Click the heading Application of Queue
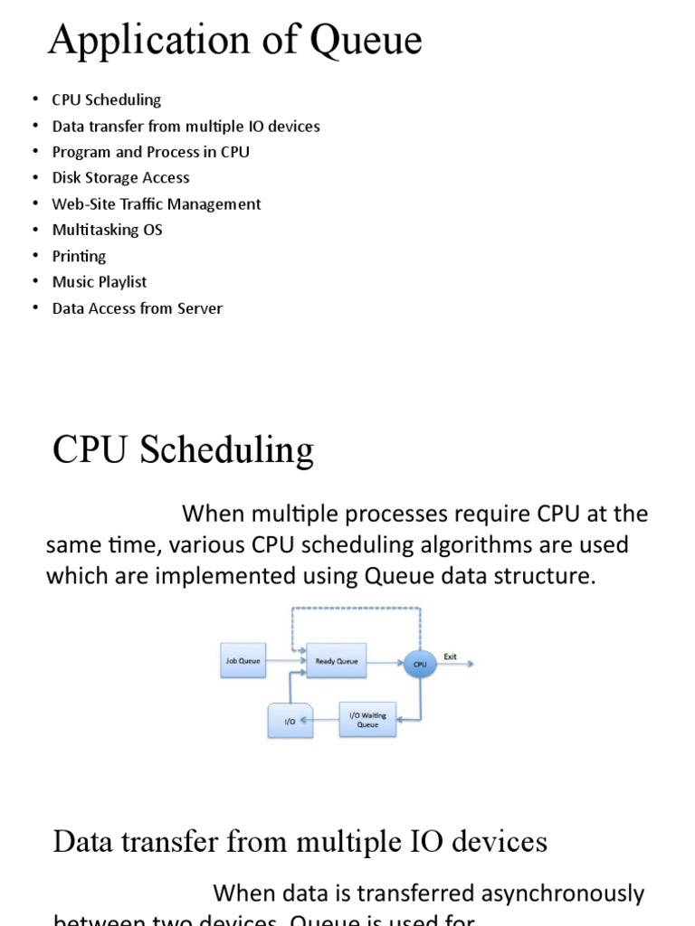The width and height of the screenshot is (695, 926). coord(234,41)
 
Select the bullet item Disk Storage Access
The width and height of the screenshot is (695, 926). coord(120,178)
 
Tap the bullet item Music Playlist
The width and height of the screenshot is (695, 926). coord(99,282)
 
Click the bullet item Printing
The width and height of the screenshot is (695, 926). coord(79,256)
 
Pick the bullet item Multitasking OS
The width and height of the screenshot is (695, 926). coord(107,230)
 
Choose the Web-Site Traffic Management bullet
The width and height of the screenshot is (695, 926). coord(156,204)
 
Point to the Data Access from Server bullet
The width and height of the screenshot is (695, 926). coord(137,308)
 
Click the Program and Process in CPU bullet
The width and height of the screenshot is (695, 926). coord(150,152)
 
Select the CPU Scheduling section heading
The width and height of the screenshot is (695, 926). coord(183,449)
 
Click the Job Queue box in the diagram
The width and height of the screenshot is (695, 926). coord(243,661)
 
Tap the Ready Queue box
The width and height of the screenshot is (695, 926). coord(336,661)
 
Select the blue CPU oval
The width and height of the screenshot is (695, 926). coord(420,664)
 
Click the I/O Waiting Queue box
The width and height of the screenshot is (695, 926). coord(367,720)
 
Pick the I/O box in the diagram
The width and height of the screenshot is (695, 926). coord(290,721)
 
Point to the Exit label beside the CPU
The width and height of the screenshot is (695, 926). coord(450,657)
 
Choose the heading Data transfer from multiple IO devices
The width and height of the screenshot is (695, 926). coord(300,842)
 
